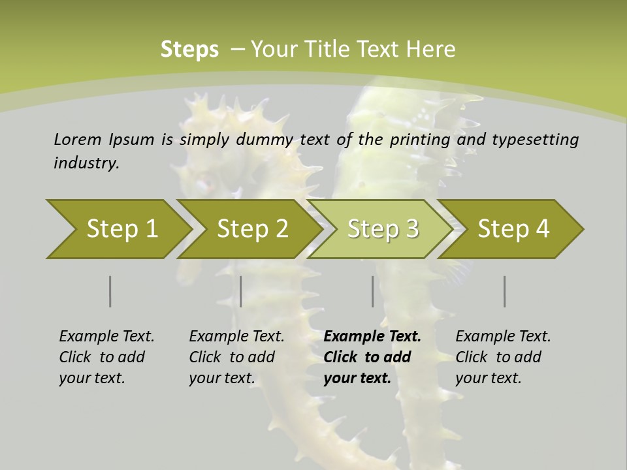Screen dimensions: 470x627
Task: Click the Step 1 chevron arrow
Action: tap(118, 229)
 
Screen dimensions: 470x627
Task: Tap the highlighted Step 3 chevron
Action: tap(382, 229)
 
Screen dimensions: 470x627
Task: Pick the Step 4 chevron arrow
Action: tap(513, 229)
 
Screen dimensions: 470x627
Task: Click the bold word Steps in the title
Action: tap(189, 50)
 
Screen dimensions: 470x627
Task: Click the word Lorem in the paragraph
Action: tap(77, 139)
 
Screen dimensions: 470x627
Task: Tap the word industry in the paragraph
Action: tap(86, 163)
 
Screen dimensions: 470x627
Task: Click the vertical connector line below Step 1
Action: tap(110, 291)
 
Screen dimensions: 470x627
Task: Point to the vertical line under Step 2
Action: tap(241, 291)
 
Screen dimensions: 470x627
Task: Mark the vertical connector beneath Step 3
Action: tap(372, 291)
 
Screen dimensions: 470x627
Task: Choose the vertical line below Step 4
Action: tap(504, 291)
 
